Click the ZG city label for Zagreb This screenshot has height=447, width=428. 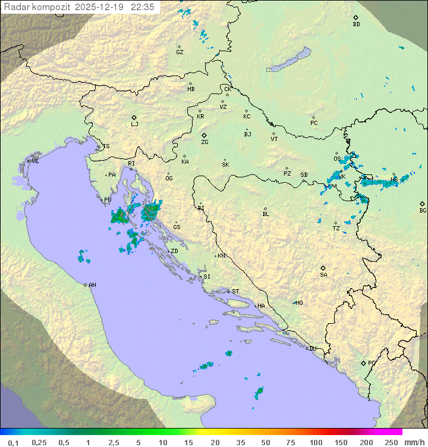(x=204, y=142)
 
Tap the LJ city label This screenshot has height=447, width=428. (x=134, y=124)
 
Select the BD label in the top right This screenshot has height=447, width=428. (x=356, y=24)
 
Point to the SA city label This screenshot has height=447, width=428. (x=323, y=275)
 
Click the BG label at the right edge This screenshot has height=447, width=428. (x=423, y=210)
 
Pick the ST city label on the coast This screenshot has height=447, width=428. (x=235, y=292)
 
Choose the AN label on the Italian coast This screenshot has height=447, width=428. (x=92, y=285)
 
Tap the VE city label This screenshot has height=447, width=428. (x=35, y=161)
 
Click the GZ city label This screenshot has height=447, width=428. (x=180, y=52)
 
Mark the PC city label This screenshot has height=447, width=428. (x=314, y=123)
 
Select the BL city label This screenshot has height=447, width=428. (x=266, y=214)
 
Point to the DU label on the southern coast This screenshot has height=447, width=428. (x=312, y=349)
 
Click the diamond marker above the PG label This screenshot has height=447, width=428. (x=363, y=362)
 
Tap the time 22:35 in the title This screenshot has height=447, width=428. (x=144, y=7)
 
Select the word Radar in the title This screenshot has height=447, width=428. (x=15, y=7)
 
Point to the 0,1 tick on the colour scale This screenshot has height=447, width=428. (x=13, y=442)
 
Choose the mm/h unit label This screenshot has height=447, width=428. (x=414, y=442)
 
